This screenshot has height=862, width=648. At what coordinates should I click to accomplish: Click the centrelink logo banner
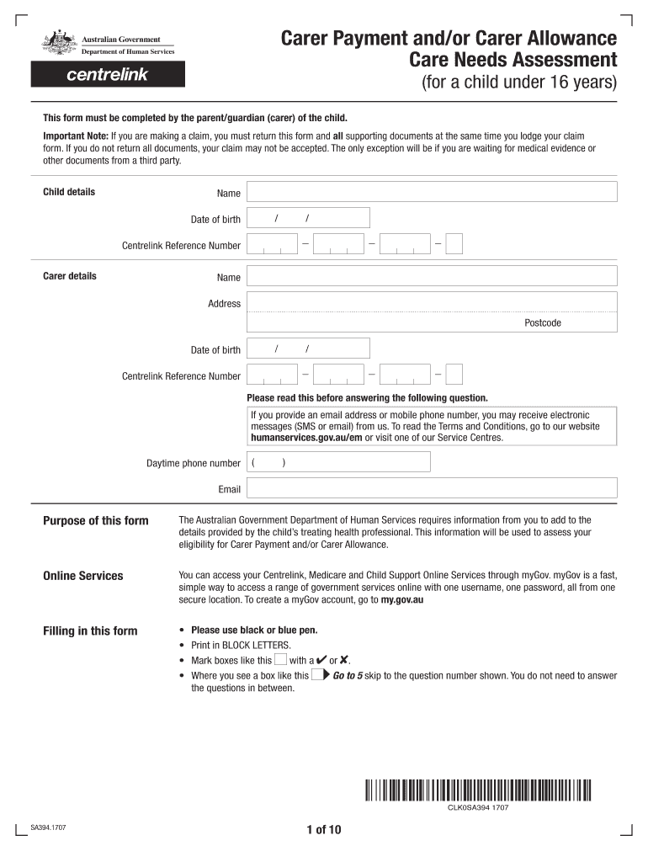(x=108, y=75)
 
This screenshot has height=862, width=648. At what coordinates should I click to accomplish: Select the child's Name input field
(x=432, y=193)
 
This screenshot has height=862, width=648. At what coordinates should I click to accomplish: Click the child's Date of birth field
(x=308, y=219)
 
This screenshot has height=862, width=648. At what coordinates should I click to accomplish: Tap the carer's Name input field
(x=432, y=276)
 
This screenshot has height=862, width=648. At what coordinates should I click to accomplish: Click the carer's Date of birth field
(x=308, y=349)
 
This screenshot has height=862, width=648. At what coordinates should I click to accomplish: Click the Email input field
(x=432, y=488)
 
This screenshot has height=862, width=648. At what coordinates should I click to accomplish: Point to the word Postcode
(x=543, y=323)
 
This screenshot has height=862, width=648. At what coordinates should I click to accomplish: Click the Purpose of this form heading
(x=95, y=521)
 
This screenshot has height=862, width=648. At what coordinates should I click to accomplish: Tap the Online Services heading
(x=82, y=576)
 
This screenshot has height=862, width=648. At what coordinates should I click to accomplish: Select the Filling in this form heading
(x=90, y=631)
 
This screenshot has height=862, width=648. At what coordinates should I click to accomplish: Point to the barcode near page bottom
(x=478, y=790)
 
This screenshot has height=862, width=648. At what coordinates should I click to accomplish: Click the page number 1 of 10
(x=324, y=831)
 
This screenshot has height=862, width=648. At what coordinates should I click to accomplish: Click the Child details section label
(x=69, y=192)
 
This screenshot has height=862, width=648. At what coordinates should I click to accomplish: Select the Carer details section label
(x=70, y=276)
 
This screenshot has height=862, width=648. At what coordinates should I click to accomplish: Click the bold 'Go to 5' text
(x=348, y=676)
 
